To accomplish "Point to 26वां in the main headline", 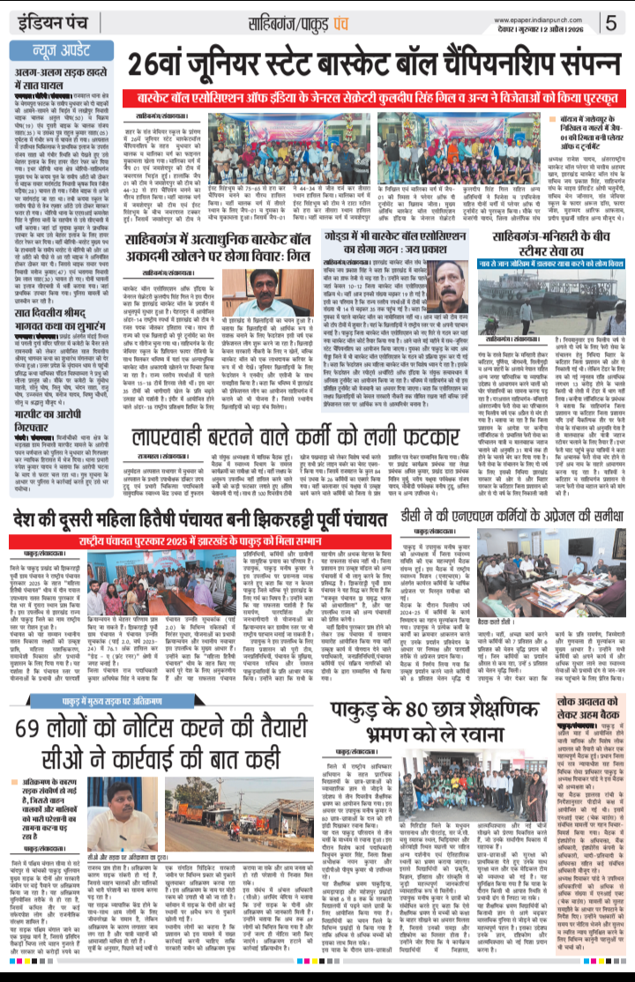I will click(x=165, y=63).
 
